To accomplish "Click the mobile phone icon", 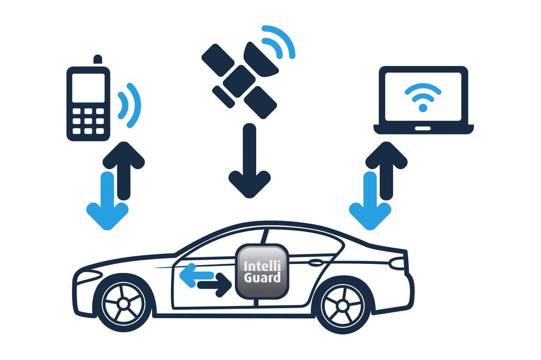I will [x=88, y=103].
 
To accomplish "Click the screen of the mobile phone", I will [x=88, y=88].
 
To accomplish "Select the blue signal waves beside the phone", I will [x=131, y=105].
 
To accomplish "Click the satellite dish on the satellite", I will [x=262, y=58].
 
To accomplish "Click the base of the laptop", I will [x=423, y=129].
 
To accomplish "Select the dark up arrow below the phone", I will [x=124, y=169].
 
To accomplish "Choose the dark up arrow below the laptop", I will [x=386, y=169].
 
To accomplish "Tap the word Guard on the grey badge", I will [x=263, y=278].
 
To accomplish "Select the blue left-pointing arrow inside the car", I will [x=195, y=275].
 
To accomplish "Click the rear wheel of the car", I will [x=343, y=305].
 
